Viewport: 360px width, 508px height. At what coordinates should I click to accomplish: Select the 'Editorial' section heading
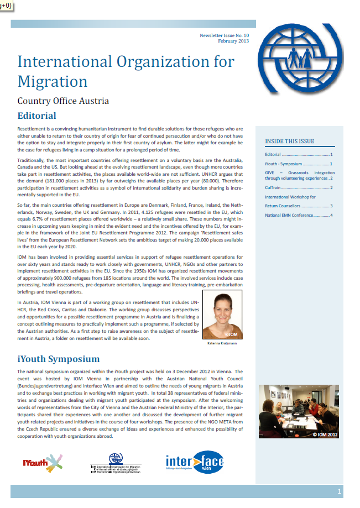pos(37,116)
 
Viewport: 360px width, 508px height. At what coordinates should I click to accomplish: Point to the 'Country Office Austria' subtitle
pos(63,101)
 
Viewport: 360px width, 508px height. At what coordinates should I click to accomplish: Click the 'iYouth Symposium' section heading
pos(59,359)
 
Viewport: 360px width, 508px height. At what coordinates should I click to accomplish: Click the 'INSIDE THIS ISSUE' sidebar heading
pos(289,141)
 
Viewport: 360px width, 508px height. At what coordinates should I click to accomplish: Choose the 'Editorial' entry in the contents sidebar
pos(273,155)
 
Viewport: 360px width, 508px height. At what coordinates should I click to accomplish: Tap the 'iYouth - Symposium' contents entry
pos(283,164)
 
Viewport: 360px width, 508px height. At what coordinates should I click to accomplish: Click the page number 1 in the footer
pos(339,491)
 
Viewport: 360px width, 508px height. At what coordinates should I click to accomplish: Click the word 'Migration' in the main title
pos(53,81)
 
